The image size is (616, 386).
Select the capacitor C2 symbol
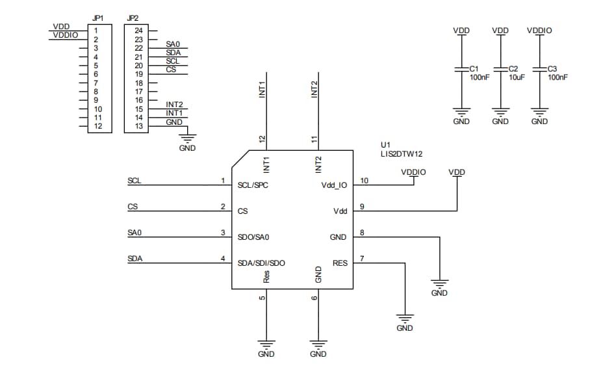500,69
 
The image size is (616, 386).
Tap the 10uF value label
516,77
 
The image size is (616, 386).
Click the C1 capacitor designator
474,68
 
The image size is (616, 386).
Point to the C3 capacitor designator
552,68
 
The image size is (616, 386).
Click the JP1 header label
96,19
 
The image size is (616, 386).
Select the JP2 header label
133,19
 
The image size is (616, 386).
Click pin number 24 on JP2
138,31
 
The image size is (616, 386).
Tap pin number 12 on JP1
97,126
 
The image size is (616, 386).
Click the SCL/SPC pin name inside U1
253,185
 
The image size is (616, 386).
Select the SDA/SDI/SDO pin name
261,263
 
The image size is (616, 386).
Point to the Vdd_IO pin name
334,185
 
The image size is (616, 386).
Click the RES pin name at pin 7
340,263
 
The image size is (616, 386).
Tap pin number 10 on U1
364,181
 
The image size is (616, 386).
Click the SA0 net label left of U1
135,233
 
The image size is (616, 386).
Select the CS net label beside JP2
171,69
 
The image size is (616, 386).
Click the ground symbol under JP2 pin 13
187,137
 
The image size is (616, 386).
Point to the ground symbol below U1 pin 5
266,344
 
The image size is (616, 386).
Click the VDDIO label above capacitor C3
539,31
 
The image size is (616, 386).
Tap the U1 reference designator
385,144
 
